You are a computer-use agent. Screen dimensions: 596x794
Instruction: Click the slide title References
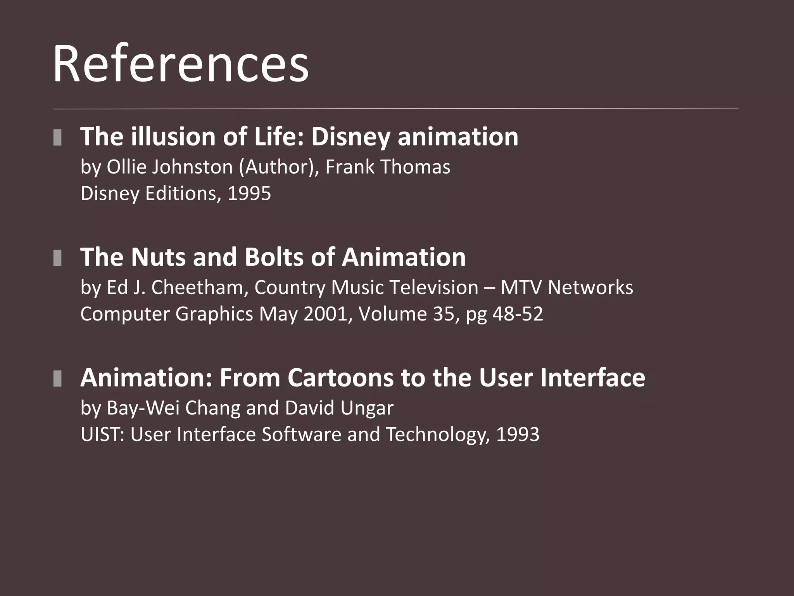181,63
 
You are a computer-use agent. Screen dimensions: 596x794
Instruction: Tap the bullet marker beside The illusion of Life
57,138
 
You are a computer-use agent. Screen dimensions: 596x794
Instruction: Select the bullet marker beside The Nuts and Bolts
57,258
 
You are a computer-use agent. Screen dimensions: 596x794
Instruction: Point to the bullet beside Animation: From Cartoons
57,378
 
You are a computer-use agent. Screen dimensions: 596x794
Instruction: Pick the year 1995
249,193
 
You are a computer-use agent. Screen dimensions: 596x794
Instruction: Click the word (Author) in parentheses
279,167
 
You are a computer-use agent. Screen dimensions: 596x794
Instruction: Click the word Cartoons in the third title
341,378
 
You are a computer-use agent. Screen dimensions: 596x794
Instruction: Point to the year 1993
518,434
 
